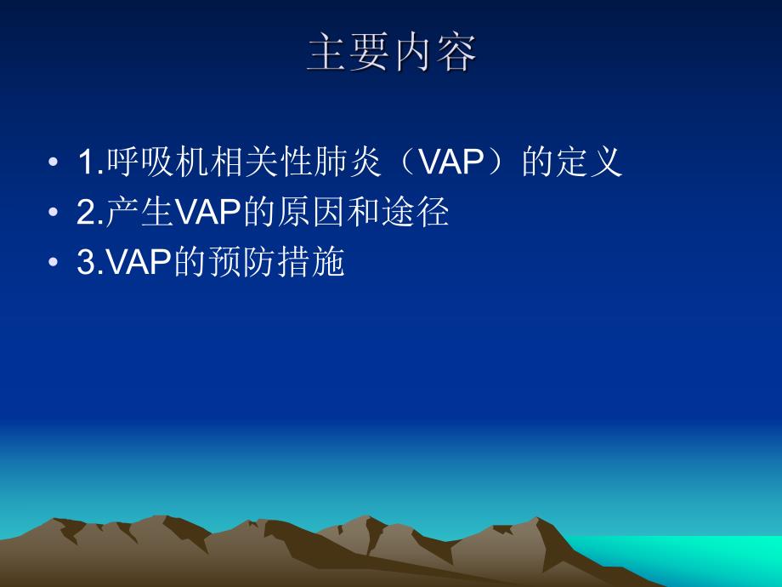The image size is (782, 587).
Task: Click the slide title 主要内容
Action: coord(392,54)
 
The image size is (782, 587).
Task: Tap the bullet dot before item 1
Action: coord(54,162)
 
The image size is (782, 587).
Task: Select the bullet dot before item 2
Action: coord(54,214)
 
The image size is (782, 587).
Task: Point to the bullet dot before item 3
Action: coord(54,264)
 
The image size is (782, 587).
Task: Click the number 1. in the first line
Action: coord(89,162)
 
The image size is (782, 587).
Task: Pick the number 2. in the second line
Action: coord(89,214)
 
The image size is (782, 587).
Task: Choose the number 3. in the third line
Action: coord(89,264)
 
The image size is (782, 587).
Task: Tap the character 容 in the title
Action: coord(456,54)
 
